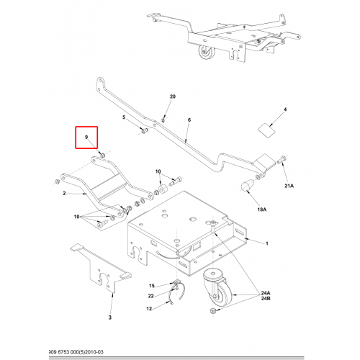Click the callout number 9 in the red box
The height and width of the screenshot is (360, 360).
86,137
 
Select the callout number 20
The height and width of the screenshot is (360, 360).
173,96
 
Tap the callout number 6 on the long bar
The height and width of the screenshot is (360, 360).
189,120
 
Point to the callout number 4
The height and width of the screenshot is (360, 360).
285,109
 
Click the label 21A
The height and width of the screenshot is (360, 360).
289,186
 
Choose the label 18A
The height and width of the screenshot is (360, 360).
262,210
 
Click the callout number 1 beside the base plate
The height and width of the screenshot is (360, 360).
266,243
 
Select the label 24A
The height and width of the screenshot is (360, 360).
266,293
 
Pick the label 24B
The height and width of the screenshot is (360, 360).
266,299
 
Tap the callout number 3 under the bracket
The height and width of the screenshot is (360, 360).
110,318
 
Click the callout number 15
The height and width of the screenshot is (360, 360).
152,285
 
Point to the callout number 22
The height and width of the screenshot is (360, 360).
150,296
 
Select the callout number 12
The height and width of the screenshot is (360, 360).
149,308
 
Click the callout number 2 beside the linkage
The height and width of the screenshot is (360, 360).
64,193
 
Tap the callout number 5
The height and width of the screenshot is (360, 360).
124,117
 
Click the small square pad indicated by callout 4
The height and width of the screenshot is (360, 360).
266,130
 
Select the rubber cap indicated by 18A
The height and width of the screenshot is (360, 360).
247,186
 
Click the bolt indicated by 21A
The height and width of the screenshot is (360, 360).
282,160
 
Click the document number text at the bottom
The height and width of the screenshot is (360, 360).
76,352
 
